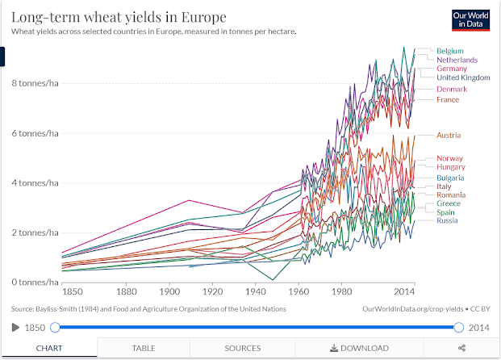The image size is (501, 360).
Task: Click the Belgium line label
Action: pos(450,51)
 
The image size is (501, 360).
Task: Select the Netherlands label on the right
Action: pos(457,60)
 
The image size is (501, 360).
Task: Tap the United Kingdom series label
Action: pos(463,77)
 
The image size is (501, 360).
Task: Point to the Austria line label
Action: pos(449,135)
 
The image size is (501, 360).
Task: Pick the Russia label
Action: pos(448,220)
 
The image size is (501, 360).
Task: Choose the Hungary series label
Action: pos(450,166)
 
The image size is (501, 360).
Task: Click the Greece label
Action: pos(449,203)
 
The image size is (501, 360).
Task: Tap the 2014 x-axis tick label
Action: pos(404,292)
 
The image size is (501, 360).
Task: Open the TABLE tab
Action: pos(144,348)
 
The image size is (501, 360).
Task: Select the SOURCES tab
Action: pos(243,348)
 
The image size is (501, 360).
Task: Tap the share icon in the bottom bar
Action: pos(461,348)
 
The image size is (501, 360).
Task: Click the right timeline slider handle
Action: pos(459,327)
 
